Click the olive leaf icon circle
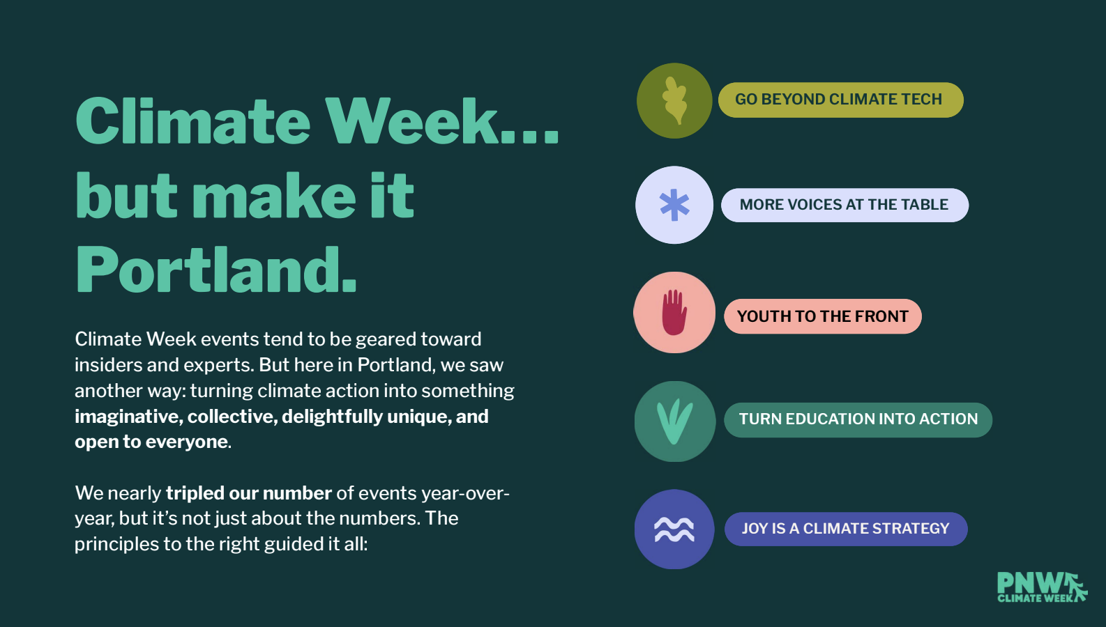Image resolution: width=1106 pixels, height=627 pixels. click(674, 100)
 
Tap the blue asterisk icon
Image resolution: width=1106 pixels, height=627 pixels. click(674, 206)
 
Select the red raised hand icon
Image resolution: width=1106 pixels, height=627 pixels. click(674, 312)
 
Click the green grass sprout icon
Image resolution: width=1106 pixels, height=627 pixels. click(674, 421)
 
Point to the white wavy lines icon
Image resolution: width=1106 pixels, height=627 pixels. click(674, 530)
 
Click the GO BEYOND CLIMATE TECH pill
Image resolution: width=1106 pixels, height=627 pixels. click(840, 100)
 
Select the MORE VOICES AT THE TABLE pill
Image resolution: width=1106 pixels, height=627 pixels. click(844, 205)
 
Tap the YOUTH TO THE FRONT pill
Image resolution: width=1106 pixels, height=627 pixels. click(823, 316)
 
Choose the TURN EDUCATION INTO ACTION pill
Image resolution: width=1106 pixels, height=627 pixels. click(858, 420)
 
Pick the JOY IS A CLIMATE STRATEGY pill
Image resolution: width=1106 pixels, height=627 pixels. click(846, 529)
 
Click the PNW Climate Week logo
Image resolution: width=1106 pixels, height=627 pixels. click(1042, 587)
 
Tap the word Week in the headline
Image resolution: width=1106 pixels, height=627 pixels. click(411, 121)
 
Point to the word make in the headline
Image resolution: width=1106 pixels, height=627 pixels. click(273, 196)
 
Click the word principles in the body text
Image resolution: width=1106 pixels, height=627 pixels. click(116, 545)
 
